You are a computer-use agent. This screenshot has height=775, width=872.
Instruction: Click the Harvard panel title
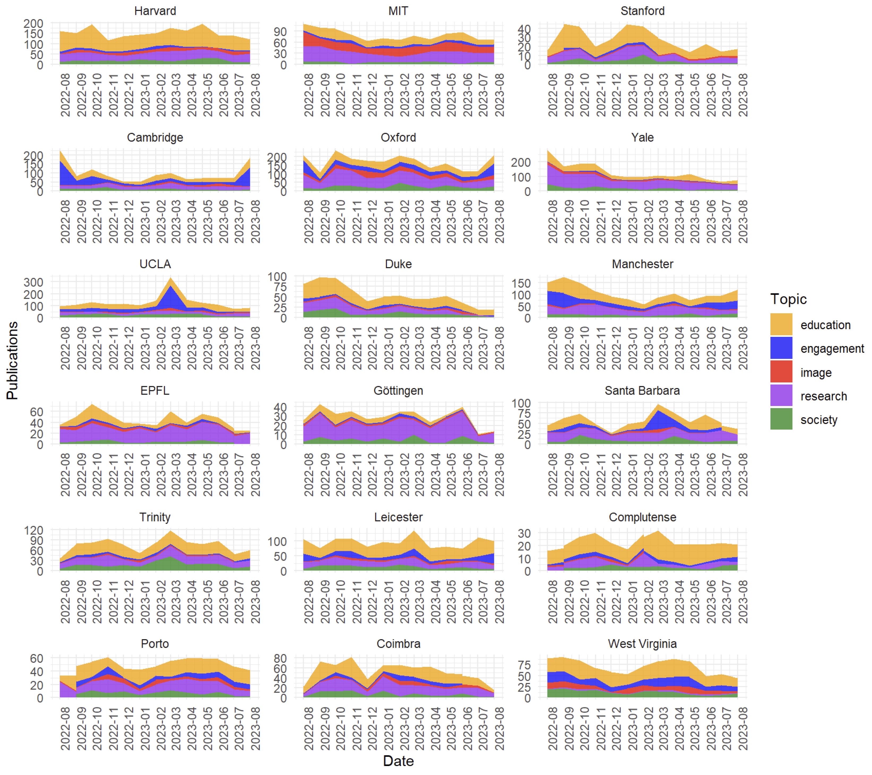click(155, 11)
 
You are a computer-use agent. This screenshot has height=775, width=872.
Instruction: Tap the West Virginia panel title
click(642, 644)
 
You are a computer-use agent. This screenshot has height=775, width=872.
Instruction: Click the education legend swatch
click(781, 324)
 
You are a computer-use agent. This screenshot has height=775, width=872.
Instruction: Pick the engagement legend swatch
click(781, 348)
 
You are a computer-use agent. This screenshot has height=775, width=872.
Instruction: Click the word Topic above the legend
click(788, 299)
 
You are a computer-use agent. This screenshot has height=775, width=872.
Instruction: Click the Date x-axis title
click(398, 761)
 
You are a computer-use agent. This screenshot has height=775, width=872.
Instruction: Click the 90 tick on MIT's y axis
click(280, 32)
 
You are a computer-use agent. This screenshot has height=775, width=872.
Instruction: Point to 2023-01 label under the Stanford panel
click(632, 95)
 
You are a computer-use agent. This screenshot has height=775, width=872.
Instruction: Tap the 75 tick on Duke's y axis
click(277, 287)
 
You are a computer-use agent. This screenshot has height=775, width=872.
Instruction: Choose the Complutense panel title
click(642, 517)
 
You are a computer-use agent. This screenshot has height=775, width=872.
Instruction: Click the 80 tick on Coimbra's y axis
click(280, 659)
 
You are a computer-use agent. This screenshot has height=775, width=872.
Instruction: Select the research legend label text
click(823, 396)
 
